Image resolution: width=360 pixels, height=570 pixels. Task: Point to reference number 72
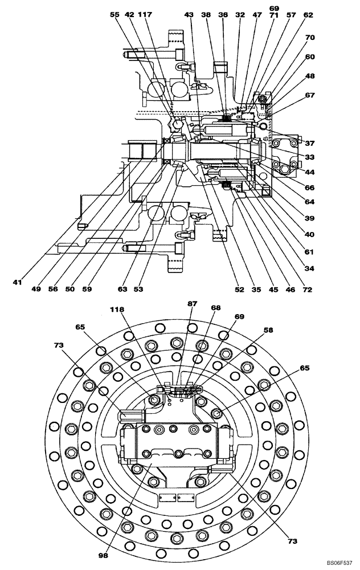pos(308,290)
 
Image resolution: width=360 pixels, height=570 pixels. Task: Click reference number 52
pos(239,290)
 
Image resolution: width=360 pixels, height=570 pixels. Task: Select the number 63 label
pos(122,290)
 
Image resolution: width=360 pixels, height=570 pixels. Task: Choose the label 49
pos(36,290)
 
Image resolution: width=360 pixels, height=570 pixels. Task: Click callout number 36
pos(223,16)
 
